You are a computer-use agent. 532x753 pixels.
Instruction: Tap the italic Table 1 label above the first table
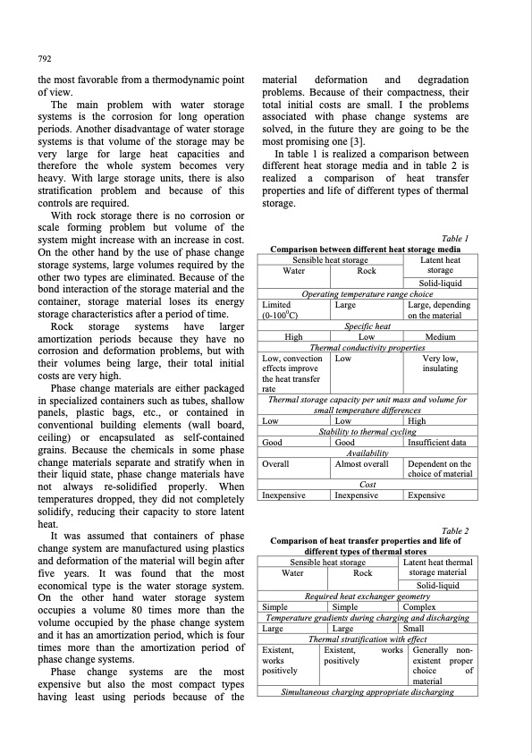tap(456, 239)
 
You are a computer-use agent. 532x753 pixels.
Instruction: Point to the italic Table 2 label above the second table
tap(456, 530)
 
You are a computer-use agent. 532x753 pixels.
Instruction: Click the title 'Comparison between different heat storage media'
tap(364, 250)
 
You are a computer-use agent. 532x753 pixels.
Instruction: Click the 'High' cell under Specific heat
tap(291, 337)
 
